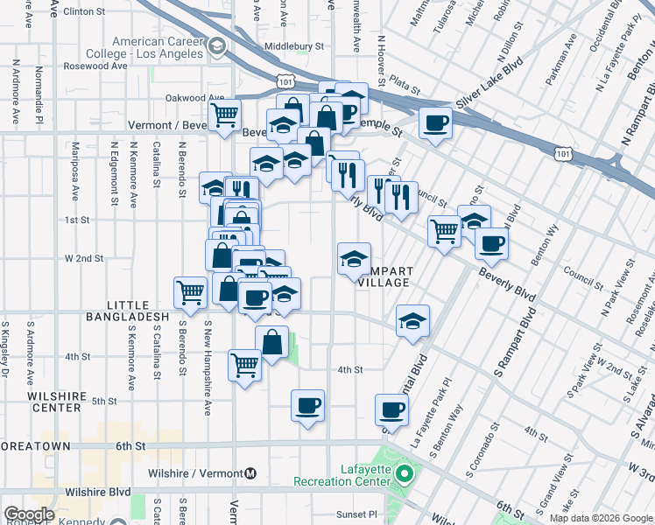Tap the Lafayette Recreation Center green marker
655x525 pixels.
pos(404,475)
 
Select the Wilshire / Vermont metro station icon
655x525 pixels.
pos(251,473)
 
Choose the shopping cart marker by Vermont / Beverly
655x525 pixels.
pos(225,115)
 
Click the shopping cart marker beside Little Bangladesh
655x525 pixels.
pos(190,293)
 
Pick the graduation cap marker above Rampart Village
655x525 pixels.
pos(354,259)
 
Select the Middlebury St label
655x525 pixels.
pos(293,45)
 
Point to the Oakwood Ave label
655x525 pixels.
pos(194,98)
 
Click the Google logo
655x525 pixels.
pos(29,514)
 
